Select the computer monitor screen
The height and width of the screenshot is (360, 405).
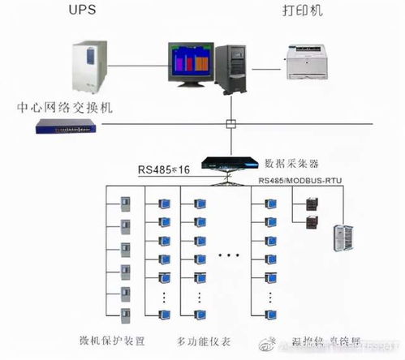(190, 62)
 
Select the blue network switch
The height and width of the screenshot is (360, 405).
(68, 126)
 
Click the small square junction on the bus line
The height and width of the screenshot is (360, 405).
(231, 125)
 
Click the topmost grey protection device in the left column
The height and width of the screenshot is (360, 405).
(124, 202)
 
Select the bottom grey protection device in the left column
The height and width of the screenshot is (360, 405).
(124, 313)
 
